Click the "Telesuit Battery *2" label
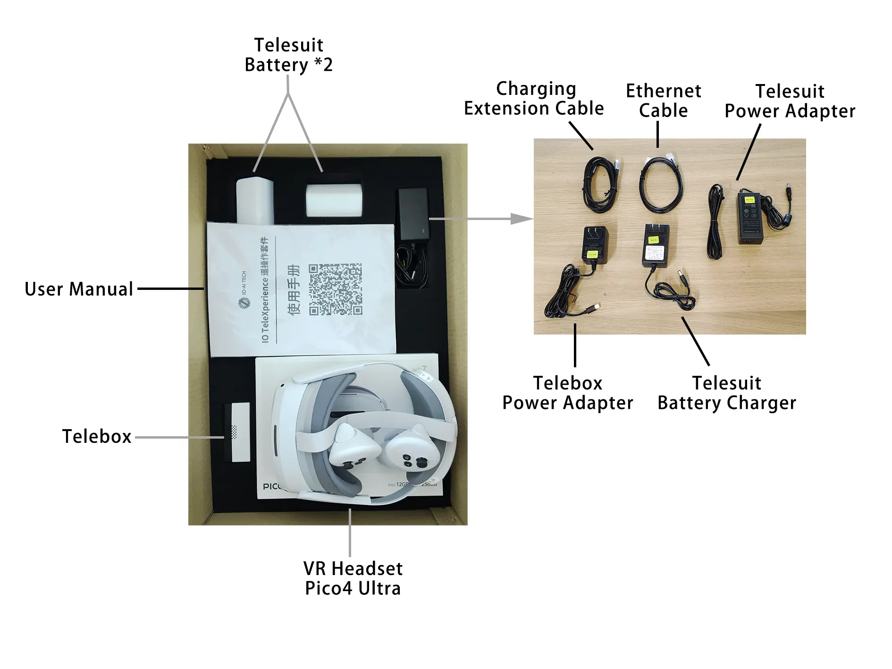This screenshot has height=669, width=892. click(288, 55)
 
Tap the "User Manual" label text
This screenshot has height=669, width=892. click(79, 289)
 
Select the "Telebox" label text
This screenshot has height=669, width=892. click(97, 436)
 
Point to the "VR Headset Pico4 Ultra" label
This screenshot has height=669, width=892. click(353, 578)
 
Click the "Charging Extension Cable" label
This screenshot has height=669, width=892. click(534, 99)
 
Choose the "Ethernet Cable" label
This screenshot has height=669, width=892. click(663, 101)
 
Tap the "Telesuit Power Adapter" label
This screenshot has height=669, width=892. click(790, 101)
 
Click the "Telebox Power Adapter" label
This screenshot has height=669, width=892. click(567, 393)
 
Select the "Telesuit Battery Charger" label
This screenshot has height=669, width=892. click(726, 393)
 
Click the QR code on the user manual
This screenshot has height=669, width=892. click(335, 289)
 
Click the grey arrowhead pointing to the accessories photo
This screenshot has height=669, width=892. click(521, 219)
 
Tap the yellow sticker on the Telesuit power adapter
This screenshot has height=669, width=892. click(748, 199)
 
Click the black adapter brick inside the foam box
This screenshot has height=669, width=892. click(413, 215)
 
